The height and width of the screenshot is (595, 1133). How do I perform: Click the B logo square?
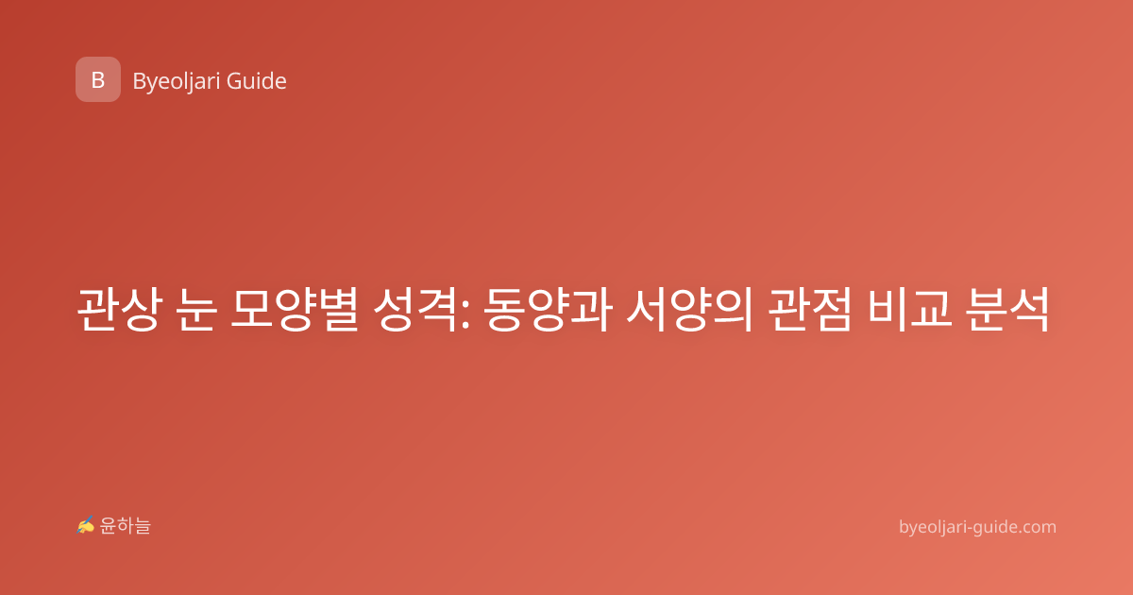click(98, 79)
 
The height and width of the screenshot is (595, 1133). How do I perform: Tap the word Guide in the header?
click(257, 81)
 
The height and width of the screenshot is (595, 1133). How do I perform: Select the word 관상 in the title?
click(119, 309)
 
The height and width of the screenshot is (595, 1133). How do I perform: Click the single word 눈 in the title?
click(196, 309)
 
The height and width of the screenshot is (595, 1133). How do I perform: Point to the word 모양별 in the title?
click(295, 309)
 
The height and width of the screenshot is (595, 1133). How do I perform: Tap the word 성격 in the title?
click(414, 309)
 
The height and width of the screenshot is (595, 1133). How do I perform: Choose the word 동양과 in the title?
click(548, 309)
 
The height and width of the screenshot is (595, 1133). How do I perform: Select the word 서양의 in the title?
click(689, 309)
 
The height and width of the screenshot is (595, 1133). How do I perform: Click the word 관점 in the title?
click(810, 309)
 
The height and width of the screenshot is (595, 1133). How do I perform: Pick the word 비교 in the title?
click(909, 309)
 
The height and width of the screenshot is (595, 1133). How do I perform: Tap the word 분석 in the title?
click(1007, 309)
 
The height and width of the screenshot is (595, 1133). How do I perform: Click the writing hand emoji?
click(86, 525)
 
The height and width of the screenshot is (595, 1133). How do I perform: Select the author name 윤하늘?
click(125, 526)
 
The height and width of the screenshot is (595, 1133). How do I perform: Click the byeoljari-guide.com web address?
click(977, 527)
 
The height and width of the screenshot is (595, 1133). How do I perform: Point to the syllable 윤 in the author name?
click(109, 526)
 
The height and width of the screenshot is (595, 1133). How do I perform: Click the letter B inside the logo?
click(98, 80)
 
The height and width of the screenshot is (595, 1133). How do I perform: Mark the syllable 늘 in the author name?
click(143, 526)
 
